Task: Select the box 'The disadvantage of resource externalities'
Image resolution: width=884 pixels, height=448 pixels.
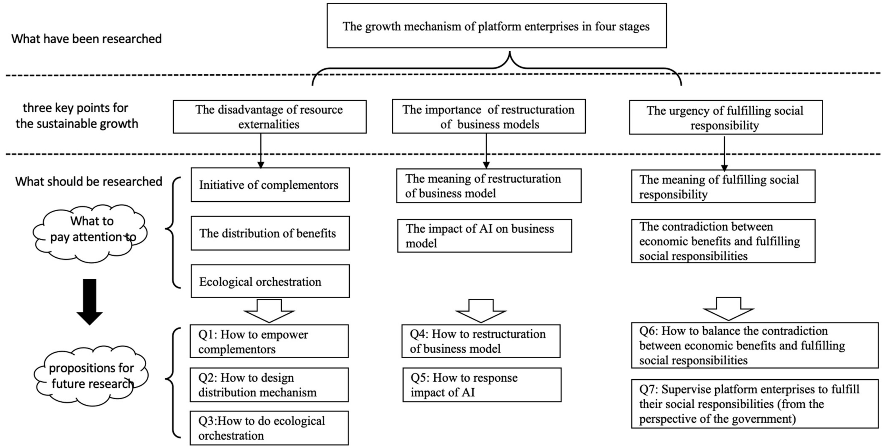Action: (269, 117)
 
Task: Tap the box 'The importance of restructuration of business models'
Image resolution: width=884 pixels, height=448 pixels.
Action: (489, 117)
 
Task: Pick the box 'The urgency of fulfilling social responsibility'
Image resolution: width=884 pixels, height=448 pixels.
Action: (725, 118)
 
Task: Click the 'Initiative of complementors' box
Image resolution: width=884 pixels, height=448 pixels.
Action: (270, 185)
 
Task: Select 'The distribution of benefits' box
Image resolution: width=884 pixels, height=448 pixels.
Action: (270, 233)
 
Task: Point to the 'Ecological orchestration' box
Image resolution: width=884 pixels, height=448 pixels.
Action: (270, 281)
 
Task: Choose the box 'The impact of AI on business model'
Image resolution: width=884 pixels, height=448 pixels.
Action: (484, 236)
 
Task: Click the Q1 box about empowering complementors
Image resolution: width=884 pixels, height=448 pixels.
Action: (269, 341)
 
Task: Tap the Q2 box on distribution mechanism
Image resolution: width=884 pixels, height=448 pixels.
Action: (269, 385)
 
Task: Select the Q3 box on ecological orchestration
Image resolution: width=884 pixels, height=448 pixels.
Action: (269, 428)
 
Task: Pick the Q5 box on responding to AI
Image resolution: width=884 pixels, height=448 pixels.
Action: (482, 385)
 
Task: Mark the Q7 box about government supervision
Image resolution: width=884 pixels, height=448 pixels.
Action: (754, 404)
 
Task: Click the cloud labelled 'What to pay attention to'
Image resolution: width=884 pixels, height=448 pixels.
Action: (90, 233)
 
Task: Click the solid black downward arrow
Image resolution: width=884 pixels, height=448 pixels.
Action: (90, 301)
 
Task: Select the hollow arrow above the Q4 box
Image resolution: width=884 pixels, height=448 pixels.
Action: (481, 310)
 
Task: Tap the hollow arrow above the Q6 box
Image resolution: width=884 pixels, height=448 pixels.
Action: (728, 309)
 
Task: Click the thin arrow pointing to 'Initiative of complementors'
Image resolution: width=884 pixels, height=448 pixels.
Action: (261, 151)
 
